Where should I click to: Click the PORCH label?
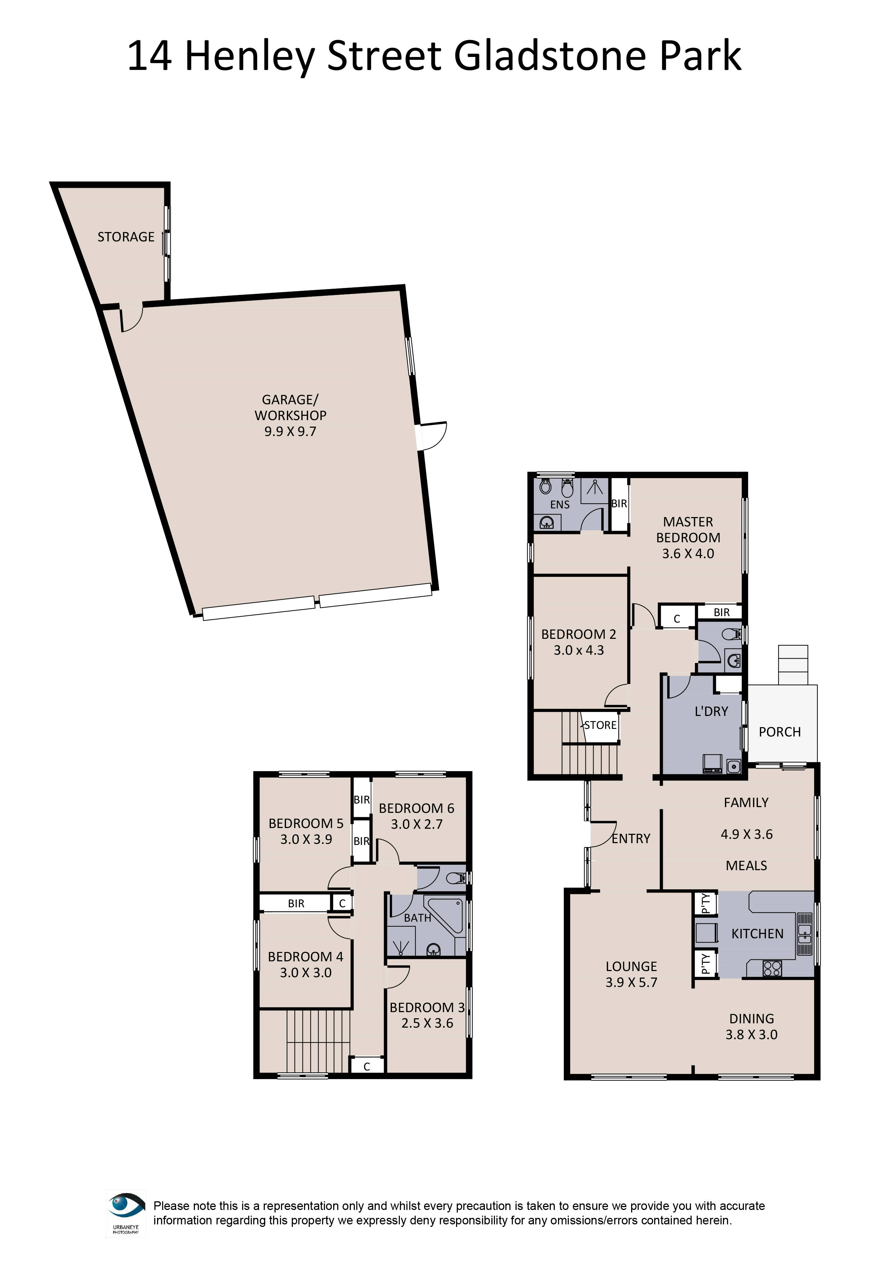[779, 732]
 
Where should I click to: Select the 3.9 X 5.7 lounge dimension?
[631, 982]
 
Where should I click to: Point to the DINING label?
[751, 1019]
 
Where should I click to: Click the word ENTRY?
[631, 838]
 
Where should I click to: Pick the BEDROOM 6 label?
[416, 808]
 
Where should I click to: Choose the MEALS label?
[746, 865]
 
